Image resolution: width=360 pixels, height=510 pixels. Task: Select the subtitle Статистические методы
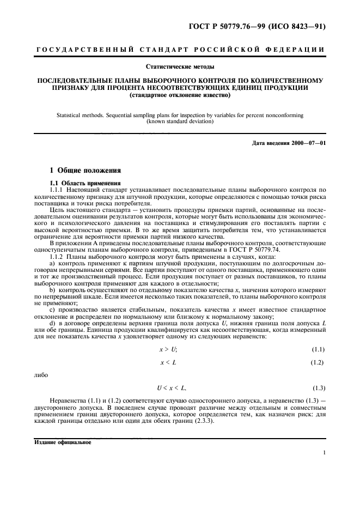point(180,68)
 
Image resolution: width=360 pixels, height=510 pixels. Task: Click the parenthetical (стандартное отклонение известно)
point(180,96)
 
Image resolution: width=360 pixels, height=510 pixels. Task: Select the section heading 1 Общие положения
point(81,171)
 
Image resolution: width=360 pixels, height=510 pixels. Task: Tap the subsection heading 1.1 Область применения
point(80,183)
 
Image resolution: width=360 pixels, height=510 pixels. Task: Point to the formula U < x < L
point(171,388)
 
